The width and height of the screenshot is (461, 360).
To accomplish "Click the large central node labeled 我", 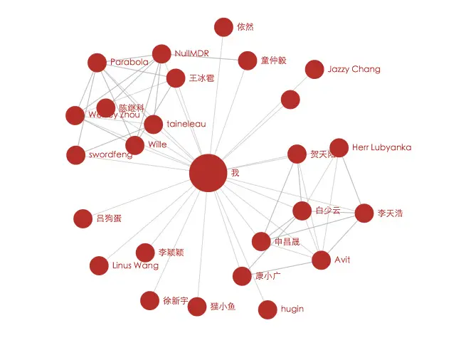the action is point(208,173).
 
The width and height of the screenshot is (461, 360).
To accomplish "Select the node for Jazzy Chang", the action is point(314,70).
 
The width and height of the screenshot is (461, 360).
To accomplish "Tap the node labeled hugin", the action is point(267,309).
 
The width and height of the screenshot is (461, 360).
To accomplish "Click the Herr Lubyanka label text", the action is point(381,148).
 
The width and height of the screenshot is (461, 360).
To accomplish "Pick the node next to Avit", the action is point(322,260).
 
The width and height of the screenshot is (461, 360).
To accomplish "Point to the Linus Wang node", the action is point(99,266).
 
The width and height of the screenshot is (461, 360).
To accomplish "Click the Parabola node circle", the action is point(97,63).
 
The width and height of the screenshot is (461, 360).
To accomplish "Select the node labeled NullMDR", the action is point(161,54).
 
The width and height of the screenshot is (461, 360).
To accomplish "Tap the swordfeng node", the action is point(76,155).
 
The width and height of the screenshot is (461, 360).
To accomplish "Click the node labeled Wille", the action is point(135,145).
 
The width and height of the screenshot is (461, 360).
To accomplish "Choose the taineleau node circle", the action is point(154,125).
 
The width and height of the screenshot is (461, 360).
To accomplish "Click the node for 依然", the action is point(223,27).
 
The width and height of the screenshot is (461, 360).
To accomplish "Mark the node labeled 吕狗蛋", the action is point(83,218).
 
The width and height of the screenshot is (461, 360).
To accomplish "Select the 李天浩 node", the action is point(364,213).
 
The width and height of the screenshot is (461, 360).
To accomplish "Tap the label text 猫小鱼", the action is point(223,307).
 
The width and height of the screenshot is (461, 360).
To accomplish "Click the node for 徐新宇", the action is point(149,301).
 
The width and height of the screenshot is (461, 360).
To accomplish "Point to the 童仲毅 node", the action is point(248,60).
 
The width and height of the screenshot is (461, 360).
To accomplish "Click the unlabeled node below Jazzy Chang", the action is point(290,100).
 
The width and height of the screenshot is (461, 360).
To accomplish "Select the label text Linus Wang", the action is point(136,266).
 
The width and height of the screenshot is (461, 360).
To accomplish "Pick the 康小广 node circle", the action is point(242,276).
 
